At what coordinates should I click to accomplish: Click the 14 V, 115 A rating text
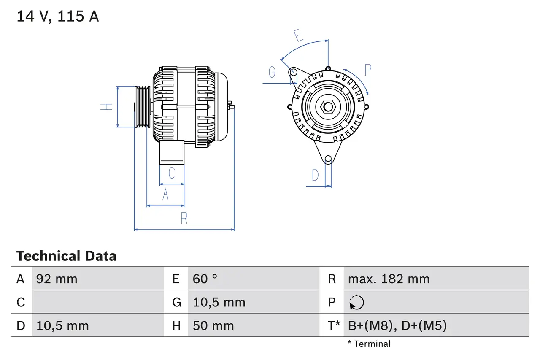pyautogui.click(x=57, y=16)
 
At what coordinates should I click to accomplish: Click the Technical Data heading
pyautogui.click(x=66, y=256)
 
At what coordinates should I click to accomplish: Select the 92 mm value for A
pyautogui.click(x=57, y=279)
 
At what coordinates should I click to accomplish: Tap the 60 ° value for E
pyautogui.click(x=205, y=279)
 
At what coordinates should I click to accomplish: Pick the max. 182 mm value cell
pyautogui.click(x=389, y=279)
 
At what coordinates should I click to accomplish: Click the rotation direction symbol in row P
pyautogui.click(x=356, y=303)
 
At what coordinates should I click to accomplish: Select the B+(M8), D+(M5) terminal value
pyautogui.click(x=397, y=325)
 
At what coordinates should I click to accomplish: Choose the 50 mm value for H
pyautogui.click(x=213, y=325)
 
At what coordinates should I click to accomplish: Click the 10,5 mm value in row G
pyautogui.click(x=219, y=303)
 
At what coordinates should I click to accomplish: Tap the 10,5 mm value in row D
pyautogui.click(x=62, y=325)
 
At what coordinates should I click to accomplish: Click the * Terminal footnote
pyautogui.click(x=369, y=344)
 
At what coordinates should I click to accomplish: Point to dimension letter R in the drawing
pyautogui.click(x=184, y=219)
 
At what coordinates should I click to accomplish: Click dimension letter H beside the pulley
pyautogui.click(x=108, y=106)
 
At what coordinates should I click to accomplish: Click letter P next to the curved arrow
pyautogui.click(x=368, y=70)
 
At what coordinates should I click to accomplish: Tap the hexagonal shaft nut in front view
pyautogui.click(x=328, y=106)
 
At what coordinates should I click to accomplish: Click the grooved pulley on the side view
pyautogui.click(x=142, y=106)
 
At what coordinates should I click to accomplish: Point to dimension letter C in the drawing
pyautogui.click(x=171, y=173)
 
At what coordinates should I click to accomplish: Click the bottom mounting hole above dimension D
pyautogui.click(x=328, y=159)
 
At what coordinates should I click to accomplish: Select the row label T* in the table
pyautogui.click(x=333, y=325)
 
